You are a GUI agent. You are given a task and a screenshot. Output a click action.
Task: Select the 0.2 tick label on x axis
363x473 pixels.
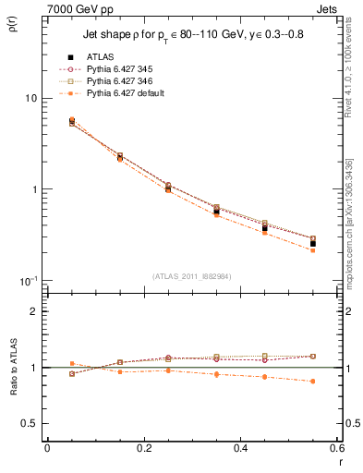(x=143, y=448)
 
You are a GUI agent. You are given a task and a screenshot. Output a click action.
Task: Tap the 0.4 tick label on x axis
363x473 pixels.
(x=240, y=448)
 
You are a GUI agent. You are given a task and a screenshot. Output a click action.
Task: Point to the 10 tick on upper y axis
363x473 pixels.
(x=30, y=98)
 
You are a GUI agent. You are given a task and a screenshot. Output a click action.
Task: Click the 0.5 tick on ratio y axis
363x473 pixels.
(x=30, y=423)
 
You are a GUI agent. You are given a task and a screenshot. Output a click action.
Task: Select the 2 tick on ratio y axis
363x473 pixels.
(x=34, y=311)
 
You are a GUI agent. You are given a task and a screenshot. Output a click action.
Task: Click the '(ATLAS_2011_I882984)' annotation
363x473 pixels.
(x=191, y=275)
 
